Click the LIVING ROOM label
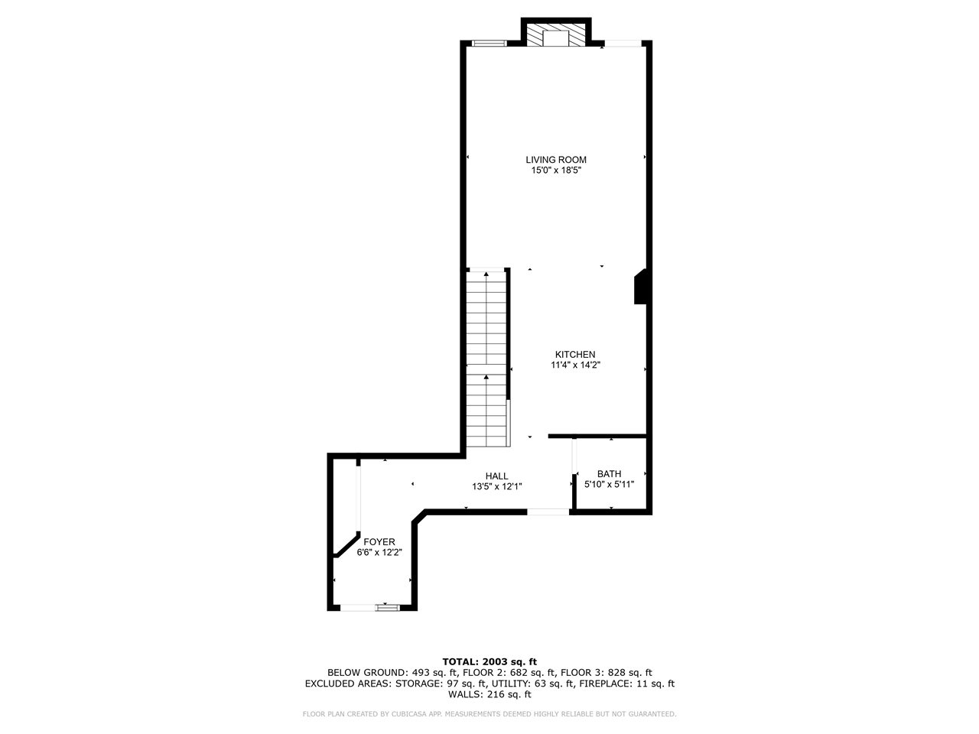(556, 160)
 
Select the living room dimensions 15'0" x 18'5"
(556, 171)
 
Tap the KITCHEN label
(575, 354)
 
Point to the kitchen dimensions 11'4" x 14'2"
(575, 365)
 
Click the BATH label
(610, 473)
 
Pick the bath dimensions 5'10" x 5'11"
(610, 484)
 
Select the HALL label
(496, 476)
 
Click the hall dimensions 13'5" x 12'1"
(496, 486)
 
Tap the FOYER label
(379, 541)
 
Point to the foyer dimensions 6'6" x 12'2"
(379, 552)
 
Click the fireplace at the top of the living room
(556, 36)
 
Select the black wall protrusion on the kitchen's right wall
(641, 287)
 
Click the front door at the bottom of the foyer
(386, 607)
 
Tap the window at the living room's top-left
(489, 43)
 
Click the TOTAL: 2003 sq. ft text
(489, 661)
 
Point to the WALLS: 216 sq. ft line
(489, 694)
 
